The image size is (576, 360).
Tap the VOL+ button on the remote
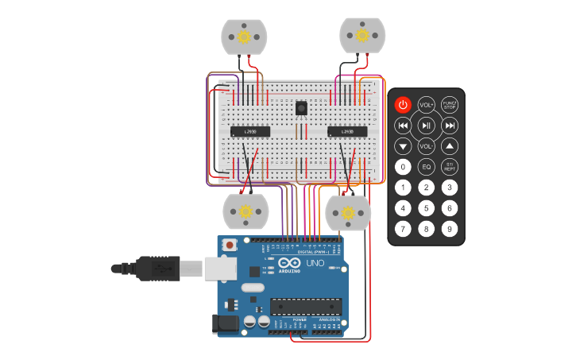pos(427,105)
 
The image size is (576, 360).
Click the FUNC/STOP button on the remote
pos(450,105)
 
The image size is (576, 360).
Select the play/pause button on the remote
pos(427,126)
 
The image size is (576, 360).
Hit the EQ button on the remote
pos(427,167)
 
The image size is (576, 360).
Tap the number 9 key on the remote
pos(450,229)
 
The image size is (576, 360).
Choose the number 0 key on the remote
pos(404,167)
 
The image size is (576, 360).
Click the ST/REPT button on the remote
pos(450,167)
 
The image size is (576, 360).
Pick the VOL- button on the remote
pos(427,146)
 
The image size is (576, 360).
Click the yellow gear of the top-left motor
pos(244,36)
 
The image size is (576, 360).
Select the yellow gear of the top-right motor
pos(362,35)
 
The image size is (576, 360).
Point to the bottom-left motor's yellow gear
pos(245,212)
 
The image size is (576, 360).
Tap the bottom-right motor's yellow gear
pos(348,212)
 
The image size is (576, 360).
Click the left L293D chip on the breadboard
pos(250,131)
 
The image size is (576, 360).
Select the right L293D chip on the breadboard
pos(347,131)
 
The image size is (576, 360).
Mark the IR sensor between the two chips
pos(300,108)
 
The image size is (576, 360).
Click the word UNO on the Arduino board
pos(315,263)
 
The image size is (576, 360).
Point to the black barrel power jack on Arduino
pos(225,323)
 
